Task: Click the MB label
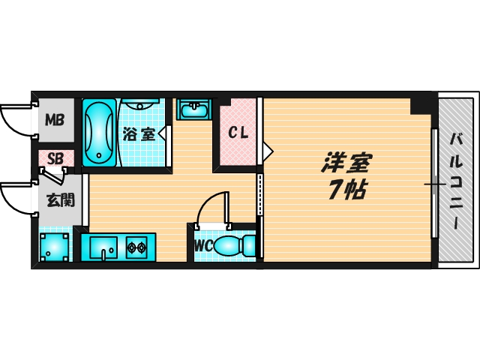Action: coord(54,119)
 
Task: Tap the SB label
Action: coord(55,158)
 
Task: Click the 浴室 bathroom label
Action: coord(139,135)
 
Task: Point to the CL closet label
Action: coord(238,134)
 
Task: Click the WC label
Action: coord(203,245)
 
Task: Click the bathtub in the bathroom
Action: coord(98,132)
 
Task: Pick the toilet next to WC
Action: coord(234,245)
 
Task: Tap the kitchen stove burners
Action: coord(136,246)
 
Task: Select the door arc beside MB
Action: coord(16,119)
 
